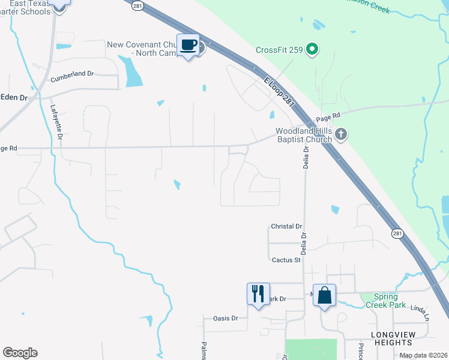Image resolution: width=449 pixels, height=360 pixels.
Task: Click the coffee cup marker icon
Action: pyautogui.click(x=188, y=46)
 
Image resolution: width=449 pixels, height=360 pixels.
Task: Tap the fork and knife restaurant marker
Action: pyautogui.click(x=258, y=294)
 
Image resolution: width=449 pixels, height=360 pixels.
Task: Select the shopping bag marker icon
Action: pyautogui.click(x=324, y=295)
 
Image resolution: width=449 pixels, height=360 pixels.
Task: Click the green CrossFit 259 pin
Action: pyautogui.click(x=312, y=50)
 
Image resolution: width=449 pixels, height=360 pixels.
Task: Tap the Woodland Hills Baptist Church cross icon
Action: pyautogui.click(x=341, y=134)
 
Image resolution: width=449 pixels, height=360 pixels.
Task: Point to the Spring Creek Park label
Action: pyautogui.click(x=386, y=301)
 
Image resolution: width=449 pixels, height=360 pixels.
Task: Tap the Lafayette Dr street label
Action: pyautogui.click(x=56, y=123)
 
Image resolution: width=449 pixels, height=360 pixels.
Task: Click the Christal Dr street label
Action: pyautogui.click(x=286, y=226)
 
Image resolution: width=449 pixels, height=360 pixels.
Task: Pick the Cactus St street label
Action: pyautogui.click(x=286, y=260)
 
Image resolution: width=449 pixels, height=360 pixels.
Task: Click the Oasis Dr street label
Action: pyautogui.click(x=226, y=318)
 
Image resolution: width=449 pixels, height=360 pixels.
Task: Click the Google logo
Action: pyautogui.click(x=20, y=353)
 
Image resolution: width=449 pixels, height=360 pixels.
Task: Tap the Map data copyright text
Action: pyautogui.click(x=423, y=356)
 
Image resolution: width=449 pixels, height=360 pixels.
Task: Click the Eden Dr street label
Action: pyautogui.click(x=14, y=97)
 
